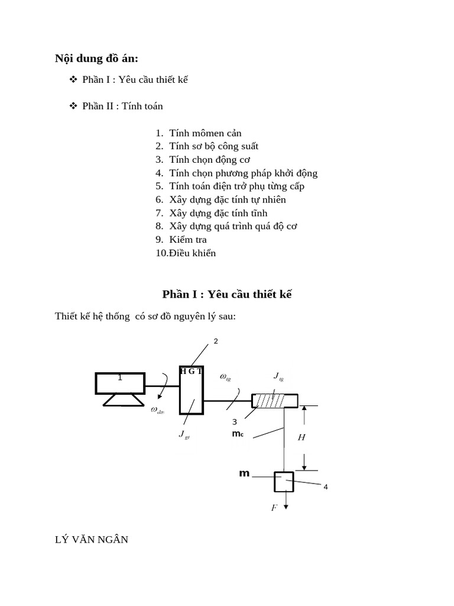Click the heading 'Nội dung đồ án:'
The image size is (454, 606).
click(x=96, y=58)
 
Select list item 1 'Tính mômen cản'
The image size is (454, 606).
click(x=205, y=133)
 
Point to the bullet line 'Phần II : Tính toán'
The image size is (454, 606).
click(x=122, y=107)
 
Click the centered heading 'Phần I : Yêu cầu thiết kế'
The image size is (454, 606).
click(x=227, y=295)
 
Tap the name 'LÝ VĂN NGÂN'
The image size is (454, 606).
click(x=92, y=539)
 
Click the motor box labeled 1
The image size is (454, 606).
click(x=120, y=383)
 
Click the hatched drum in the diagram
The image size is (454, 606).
click(x=275, y=401)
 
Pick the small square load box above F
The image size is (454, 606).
click(x=284, y=481)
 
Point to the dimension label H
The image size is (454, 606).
click(x=301, y=437)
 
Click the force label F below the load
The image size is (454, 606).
click(x=274, y=508)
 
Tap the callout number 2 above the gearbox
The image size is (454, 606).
click(x=216, y=341)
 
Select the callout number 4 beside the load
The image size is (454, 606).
click(x=325, y=487)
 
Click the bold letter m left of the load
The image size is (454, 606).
click(x=242, y=474)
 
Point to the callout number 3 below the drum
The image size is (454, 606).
click(x=235, y=422)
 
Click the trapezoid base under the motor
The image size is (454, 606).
click(x=123, y=400)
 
